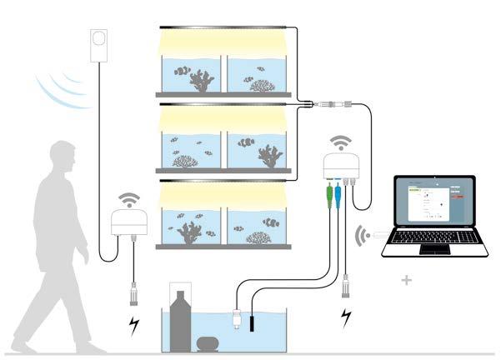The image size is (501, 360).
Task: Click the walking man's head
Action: [x=63, y=158]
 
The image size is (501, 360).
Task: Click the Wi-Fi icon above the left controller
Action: [x=129, y=199]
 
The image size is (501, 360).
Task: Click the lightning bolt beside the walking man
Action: [x=133, y=324]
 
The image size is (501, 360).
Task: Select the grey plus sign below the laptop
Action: [x=406, y=281]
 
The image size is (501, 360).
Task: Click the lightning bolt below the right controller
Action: [x=345, y=317]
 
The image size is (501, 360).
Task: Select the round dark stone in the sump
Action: [x=207, y=340]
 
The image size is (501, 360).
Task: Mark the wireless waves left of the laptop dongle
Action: [x=363, y=235]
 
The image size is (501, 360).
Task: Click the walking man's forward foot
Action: [x=88, y=346]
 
